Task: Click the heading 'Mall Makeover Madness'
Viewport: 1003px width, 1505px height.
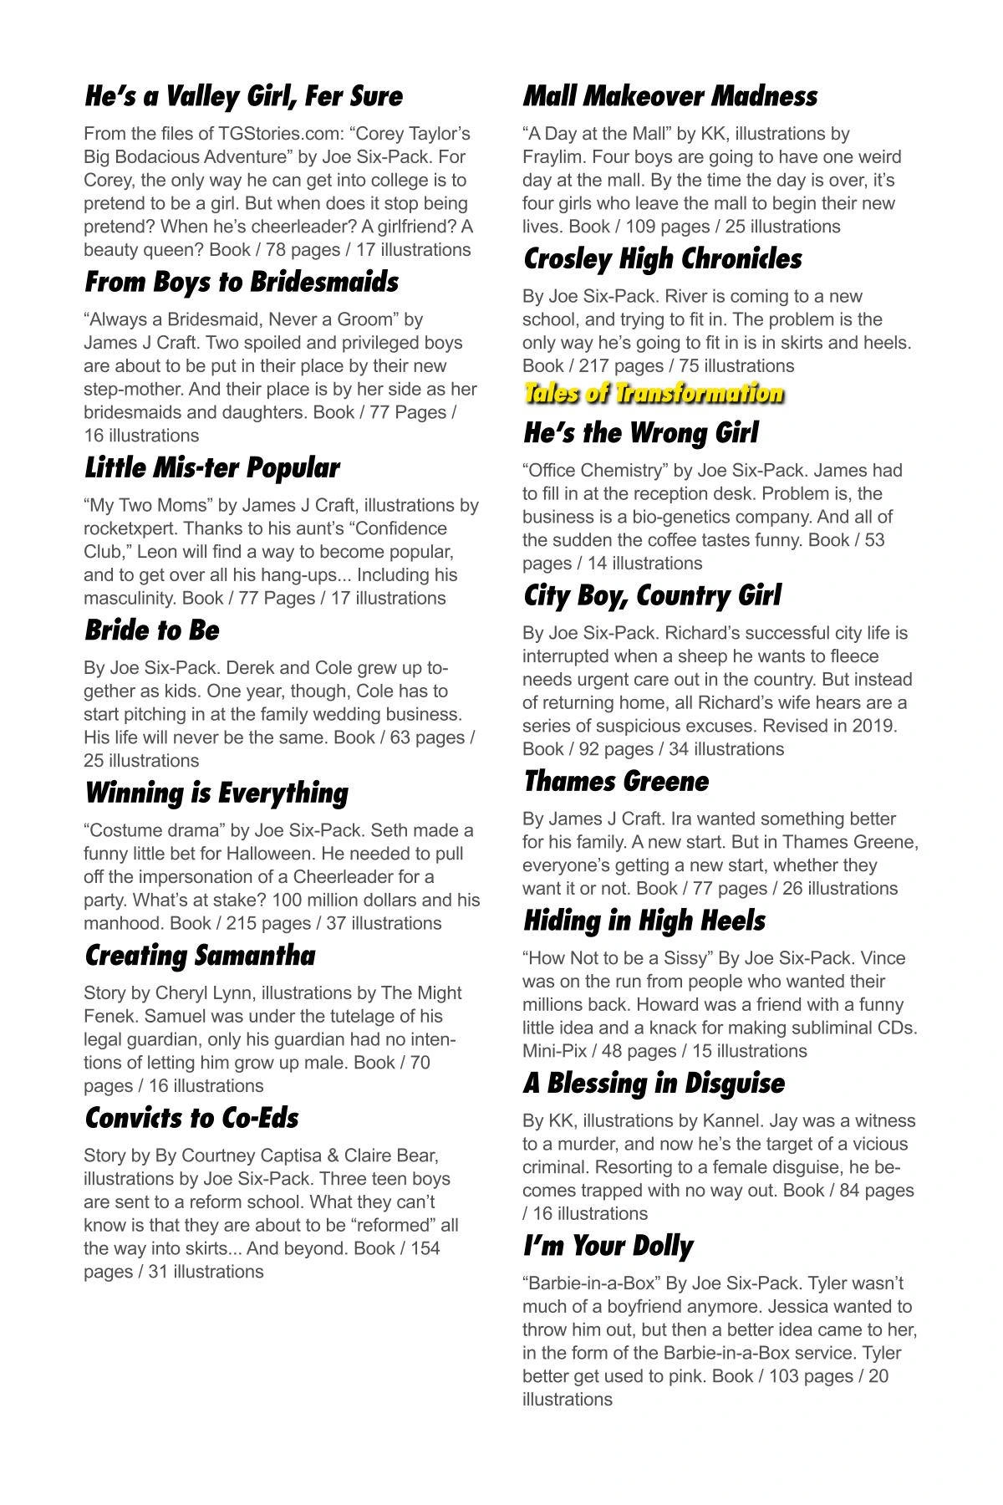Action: (670, 96)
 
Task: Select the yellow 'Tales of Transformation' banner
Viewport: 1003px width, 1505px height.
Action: (654, 394)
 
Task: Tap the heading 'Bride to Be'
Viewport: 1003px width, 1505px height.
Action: (152, 630)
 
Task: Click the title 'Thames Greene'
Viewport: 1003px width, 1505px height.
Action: (615, 782)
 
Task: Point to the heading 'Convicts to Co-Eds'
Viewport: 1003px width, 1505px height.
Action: (191, 1118)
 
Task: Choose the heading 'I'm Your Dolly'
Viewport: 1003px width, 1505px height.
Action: (608, 1246)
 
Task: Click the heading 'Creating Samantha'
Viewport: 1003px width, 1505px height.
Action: (200, 956)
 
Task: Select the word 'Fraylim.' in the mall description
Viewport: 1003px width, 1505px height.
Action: (555, 157)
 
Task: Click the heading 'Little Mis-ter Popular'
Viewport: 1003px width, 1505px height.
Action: (212, 468)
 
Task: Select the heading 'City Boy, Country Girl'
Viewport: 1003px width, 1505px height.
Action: (652, 596)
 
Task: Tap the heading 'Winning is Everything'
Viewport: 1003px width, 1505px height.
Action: (216, 793)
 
